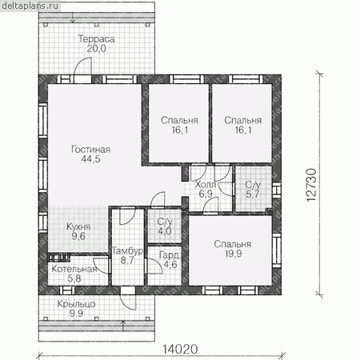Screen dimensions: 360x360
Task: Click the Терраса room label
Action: click(96, 39)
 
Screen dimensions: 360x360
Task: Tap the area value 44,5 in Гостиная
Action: click(91, 159)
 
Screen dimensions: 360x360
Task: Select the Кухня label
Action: click(78, 226)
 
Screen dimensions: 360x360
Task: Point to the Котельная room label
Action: click(74, 269)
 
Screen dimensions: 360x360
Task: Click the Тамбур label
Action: click(127, 250)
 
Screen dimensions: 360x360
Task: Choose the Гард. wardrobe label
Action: click(170, 255)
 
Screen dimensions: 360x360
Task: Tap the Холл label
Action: click(206, 184)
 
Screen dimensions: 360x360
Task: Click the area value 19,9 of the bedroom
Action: click(233, 254)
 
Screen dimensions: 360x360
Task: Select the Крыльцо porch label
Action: click(76, 304)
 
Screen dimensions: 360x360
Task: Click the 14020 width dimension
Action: click(180, 349)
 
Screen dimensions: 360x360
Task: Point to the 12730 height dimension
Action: click(311, 185)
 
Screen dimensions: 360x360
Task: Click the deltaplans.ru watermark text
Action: click(30, 6)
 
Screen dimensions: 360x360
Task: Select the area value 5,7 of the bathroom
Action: click(253, 194)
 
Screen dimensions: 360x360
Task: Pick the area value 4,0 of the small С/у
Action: click(165, 231)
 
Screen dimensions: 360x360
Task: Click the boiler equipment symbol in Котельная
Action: click(59, 257)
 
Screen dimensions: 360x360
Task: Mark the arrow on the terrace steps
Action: click(73, 18)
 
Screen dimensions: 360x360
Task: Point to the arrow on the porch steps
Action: click(123, 326)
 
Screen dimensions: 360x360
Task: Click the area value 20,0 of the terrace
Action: click(96, 49)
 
